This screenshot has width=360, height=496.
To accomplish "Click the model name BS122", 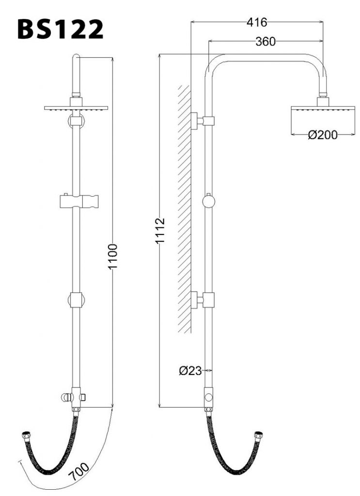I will tap(61, 30).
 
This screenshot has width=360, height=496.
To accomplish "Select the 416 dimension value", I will tap(257, 22).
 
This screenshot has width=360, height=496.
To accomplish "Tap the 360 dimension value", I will tap(266, 42).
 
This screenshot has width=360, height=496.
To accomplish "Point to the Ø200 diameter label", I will tap(323, 136).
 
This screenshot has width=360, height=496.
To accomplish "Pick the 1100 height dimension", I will tap(112, 257).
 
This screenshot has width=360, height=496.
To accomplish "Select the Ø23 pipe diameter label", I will tap(190, 371).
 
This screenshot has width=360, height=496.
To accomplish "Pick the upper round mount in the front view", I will tap(76, 121).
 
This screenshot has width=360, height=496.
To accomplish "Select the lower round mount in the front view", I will tap(76, 300).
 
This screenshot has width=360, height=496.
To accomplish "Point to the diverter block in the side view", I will tap(209, 398).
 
